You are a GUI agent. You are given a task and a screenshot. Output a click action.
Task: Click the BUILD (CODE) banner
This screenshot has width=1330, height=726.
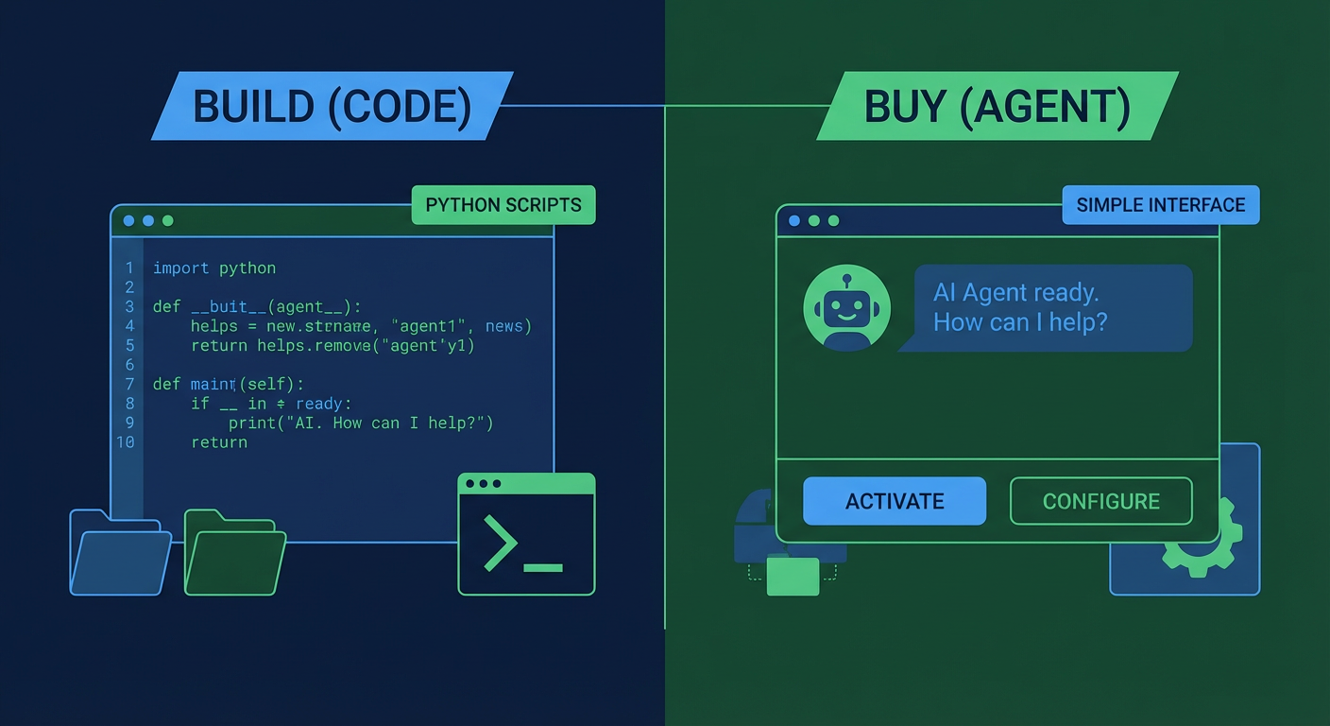(332, 106)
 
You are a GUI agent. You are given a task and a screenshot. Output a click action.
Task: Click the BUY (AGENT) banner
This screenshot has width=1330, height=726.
(997, 106)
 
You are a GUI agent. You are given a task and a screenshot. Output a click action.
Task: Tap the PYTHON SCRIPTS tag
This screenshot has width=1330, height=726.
(503, 205)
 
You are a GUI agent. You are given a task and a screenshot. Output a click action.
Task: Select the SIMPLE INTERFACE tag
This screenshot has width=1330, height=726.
(1160, 205)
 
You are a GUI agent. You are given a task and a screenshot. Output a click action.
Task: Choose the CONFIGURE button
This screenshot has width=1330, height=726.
(1100, 501)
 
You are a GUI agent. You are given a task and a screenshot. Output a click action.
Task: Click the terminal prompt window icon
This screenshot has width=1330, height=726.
(526, 534)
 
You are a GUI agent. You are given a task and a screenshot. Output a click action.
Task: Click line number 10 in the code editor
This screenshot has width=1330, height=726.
(126, 442)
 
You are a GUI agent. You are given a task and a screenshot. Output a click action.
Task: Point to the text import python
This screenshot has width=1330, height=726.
(214, 268)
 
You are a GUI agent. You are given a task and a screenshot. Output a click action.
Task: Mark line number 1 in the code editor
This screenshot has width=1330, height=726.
(129, 268)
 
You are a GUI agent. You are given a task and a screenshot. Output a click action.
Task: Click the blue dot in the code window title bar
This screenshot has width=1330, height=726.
(128, 221)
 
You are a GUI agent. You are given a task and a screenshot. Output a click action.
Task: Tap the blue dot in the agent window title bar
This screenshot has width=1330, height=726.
(793, 221)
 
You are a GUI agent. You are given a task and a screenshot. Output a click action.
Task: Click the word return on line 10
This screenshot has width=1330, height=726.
(219, 442)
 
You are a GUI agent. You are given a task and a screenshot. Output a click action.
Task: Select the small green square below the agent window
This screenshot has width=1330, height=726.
(793, 576)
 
